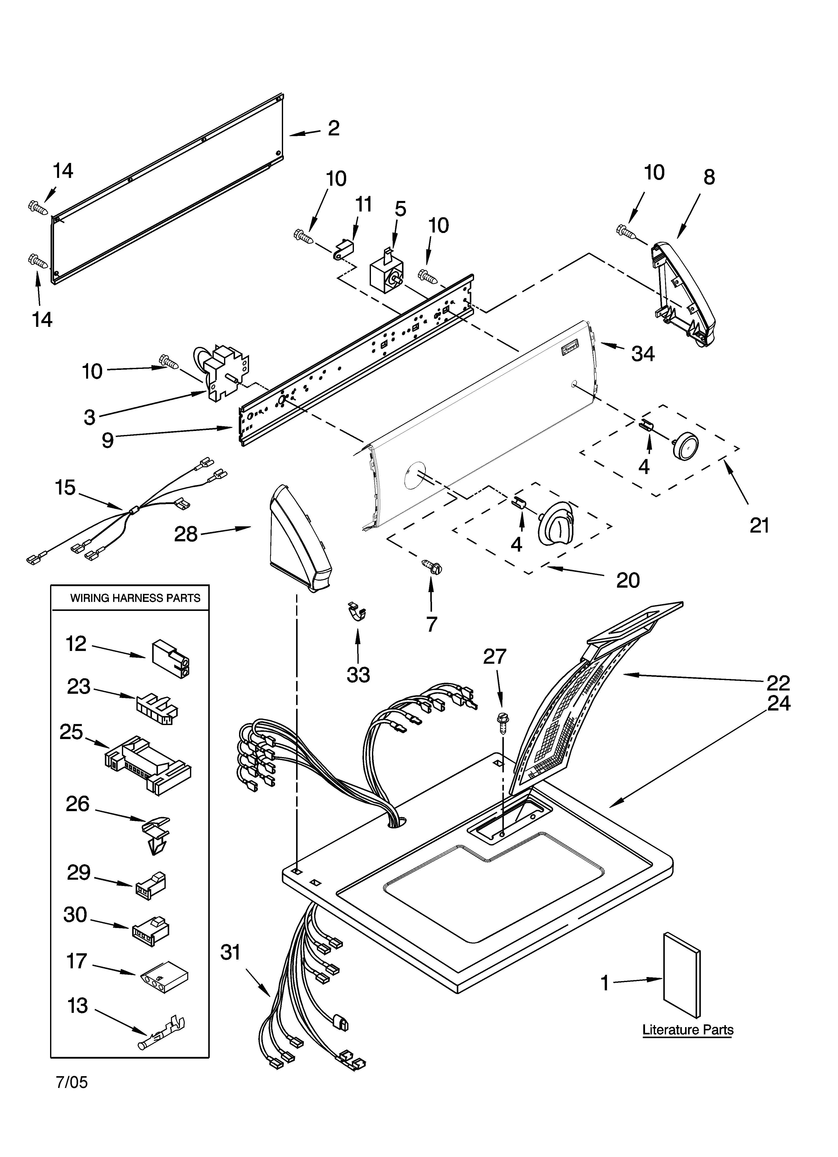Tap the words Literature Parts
pos(688,1030)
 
